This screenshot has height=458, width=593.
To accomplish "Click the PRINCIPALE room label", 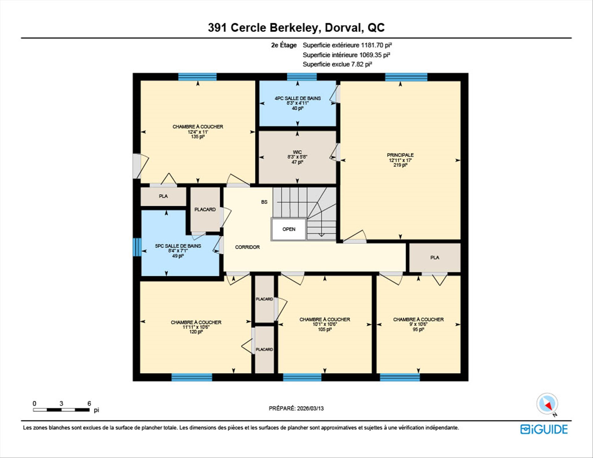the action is [x=400, y=155].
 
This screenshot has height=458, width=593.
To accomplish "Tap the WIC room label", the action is [x=297, y=152].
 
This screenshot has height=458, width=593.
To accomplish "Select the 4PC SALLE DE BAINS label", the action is [x=298, y=98].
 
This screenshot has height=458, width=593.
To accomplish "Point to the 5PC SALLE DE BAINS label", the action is [x=178, y=246].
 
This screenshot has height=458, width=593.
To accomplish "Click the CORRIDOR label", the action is [x=247, y=247].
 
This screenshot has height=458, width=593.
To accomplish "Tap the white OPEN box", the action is [x=289, y=229].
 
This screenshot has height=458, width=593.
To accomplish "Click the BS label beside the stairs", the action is [x=264, y=202].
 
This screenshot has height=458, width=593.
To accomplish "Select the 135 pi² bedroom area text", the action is [x=198, y=137].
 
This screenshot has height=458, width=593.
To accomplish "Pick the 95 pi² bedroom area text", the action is [x=418, y=330].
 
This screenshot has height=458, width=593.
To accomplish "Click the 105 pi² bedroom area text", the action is [x=325, y=330].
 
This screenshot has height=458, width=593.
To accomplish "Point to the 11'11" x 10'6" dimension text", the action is [x=196, y=327].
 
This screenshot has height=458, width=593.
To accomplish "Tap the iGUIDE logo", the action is [x=544, y=429].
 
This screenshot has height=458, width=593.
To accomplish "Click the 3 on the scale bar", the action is [x=61, y=403].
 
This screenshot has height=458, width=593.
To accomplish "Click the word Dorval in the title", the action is [x=343, y=27].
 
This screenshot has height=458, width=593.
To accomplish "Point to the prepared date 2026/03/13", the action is [x=310, y=408].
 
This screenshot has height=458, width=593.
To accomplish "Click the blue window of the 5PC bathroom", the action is [x=137, y=247].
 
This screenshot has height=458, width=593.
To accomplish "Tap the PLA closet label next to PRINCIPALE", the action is [x=435, y=258].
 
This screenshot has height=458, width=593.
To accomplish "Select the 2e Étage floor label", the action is [x=284, y=45].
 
